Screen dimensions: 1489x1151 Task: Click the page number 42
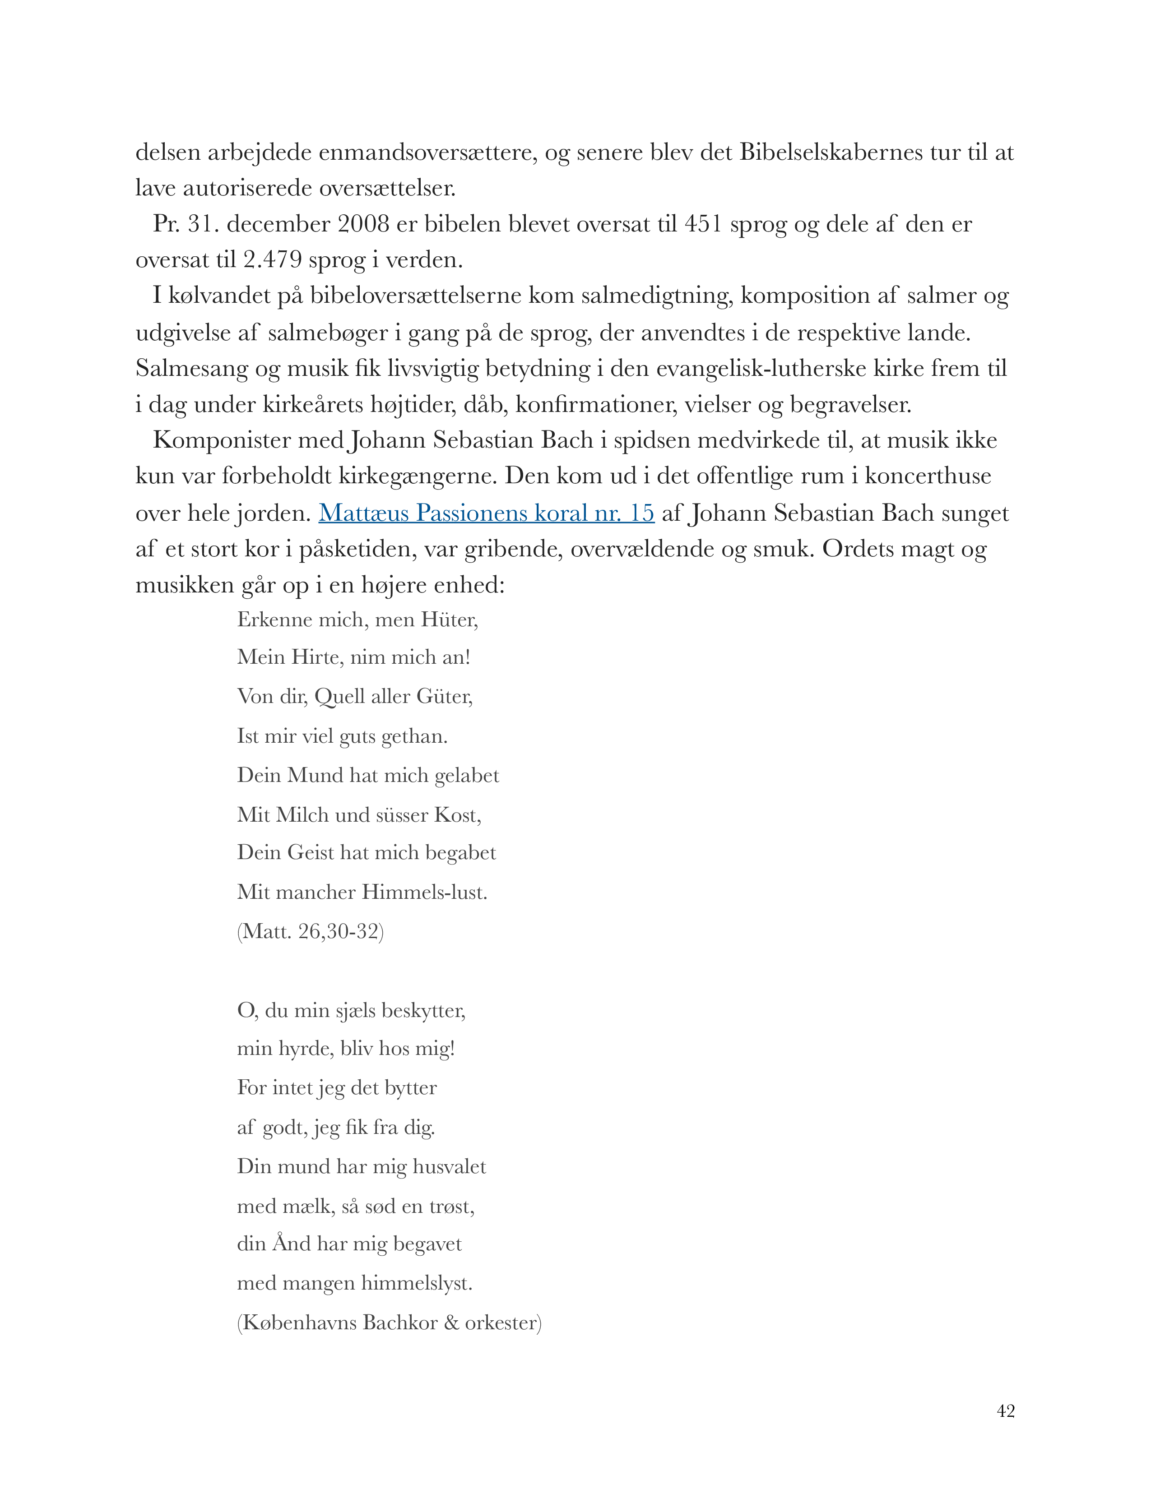tap(1005, 1410)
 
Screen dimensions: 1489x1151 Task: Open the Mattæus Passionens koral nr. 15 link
tap(486, 513)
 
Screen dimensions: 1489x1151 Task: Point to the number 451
tap(702, 224)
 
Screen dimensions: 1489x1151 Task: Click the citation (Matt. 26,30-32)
tap(310, 931)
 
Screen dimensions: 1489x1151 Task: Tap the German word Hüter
tap(450, 619)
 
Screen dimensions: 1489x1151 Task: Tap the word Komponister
tap(222, 440)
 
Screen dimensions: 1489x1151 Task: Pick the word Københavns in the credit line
tap(299, 1323)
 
